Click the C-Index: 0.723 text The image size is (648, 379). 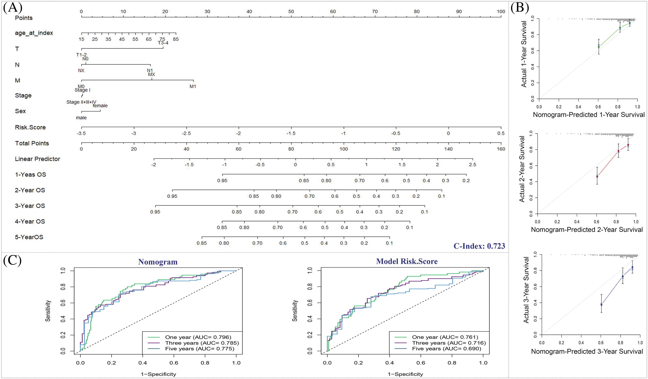[479, 246]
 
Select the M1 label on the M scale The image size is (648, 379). [193, 86]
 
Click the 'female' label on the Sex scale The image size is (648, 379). [100, 106]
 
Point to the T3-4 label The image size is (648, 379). [163, 43]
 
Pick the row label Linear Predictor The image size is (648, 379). [37, 159]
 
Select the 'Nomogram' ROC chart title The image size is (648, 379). [158, 262]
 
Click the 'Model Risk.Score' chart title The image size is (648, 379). [407, 261]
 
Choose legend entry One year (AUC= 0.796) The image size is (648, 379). [198, 337]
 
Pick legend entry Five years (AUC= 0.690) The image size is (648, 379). [446, 349]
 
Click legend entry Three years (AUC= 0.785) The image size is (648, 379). [202, 343]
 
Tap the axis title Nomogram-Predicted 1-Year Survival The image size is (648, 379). [589, 115]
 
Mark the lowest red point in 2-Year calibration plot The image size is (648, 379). [597, 177]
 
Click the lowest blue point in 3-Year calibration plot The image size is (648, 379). [601, 305]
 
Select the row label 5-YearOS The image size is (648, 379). [29, 237]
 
